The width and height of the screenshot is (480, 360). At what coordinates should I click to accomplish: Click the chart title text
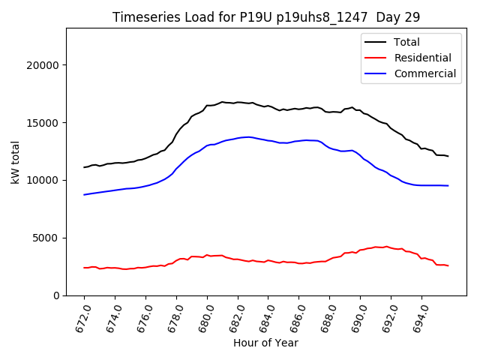[266, 17]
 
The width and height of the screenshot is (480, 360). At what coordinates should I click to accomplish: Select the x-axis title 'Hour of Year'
[265, 343]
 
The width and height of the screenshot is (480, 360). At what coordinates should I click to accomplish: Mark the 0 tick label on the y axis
[57, 295]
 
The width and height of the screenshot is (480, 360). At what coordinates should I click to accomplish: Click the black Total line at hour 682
[238, 102]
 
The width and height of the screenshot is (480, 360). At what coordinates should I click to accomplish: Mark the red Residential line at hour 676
[145, 266]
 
